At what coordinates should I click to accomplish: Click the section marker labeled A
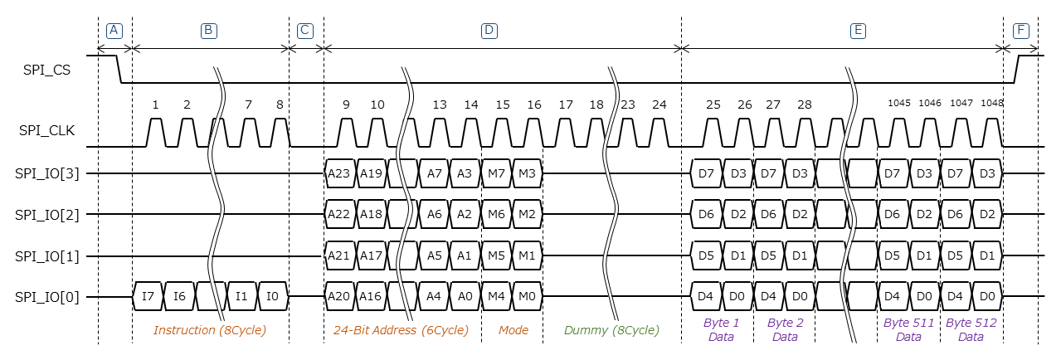point(114,31)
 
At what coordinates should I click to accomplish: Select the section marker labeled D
point(489,31)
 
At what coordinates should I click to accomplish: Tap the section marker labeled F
point(1021,31)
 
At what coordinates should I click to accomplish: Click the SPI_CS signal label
point(46,71)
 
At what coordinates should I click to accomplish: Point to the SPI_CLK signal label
point(48,131)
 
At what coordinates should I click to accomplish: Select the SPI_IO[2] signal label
point(48,214)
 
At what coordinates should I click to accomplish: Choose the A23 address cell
point(339,173)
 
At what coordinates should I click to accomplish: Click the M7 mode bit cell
point(495,173)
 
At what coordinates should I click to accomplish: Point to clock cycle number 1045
point(898,104)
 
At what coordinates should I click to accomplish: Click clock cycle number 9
point(345,105)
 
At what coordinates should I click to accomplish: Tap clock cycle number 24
point(659,105)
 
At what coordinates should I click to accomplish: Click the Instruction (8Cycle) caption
point(210,330)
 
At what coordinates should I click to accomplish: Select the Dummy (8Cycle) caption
point(611,330)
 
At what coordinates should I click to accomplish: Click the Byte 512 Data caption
point(971,329)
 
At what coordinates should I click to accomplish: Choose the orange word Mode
point(513,330)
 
